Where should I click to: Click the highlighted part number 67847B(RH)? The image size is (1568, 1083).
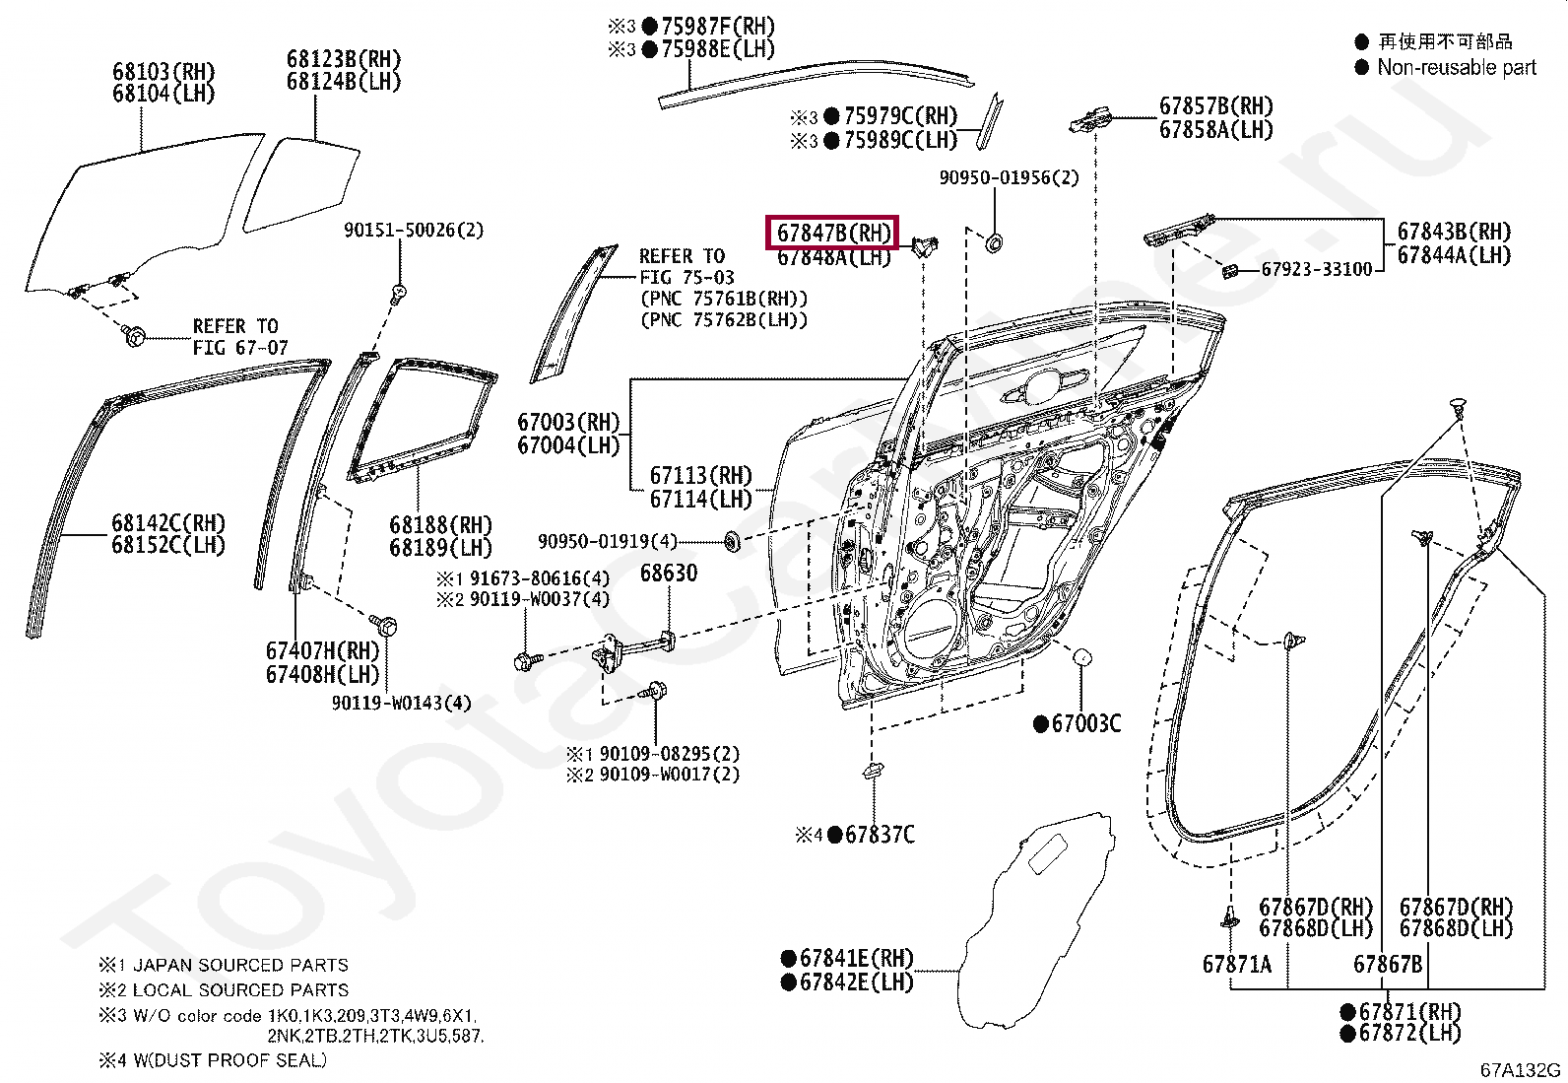[x=833, y=234]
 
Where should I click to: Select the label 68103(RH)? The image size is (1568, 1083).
[x=163, y=72]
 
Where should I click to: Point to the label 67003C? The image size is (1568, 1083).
[x=1085, y=724]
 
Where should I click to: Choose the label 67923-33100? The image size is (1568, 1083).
[x=1316, y=269]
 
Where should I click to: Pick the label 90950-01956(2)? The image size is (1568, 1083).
[x=1009, y=178]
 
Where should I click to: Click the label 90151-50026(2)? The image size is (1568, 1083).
[x=413, y=231]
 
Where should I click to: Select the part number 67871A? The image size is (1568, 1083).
[x=1236, y=965]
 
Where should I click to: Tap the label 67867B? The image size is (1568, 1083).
[x=1387, y=965]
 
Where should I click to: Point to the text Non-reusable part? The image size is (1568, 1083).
[x=1456, y=68]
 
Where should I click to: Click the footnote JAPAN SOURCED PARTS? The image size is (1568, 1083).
[x=240, y=966]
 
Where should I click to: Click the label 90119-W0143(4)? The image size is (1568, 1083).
[x=401, y=704]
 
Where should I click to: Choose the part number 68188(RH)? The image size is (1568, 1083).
[x=439, y=525]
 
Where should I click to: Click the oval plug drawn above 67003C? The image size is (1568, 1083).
[x=1081, y=656]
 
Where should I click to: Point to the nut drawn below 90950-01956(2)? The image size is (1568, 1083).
[x=994, y=241]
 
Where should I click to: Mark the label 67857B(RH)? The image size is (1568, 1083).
[x=1215, y=106]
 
